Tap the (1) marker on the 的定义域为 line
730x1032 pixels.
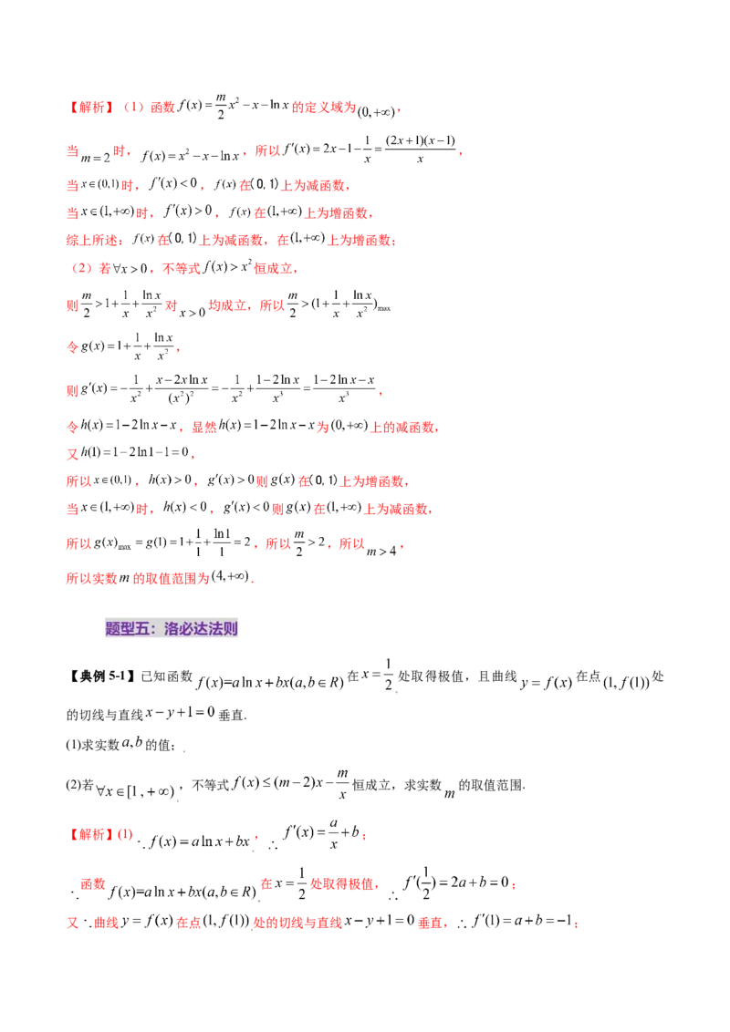pyautogui.click(x=133, y=107)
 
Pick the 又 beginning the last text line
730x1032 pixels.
pyautogui.click(x=70, y=923)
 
